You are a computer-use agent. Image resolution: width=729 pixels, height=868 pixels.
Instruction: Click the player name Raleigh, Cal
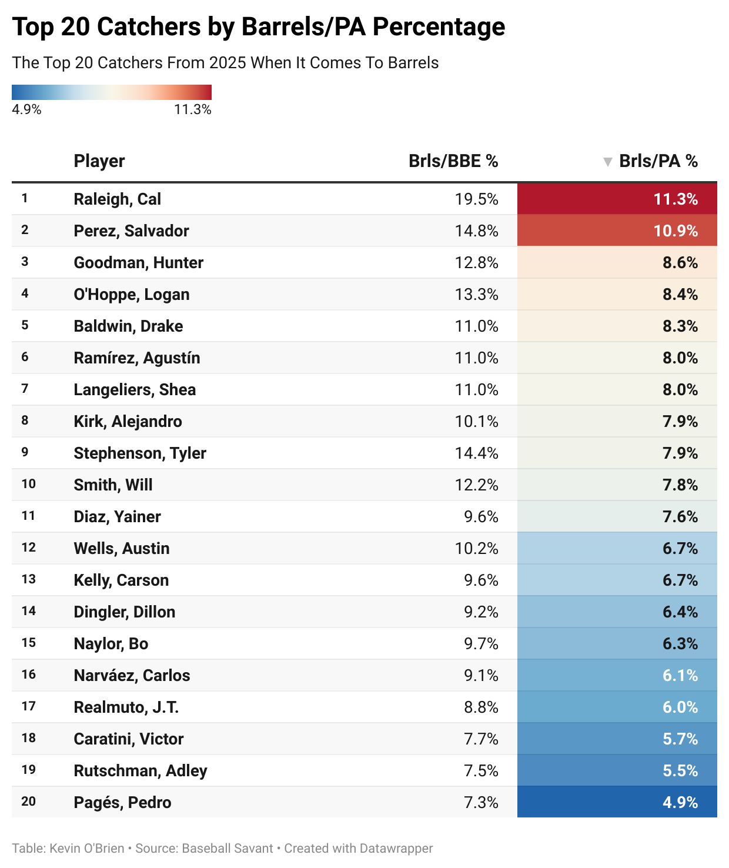117,199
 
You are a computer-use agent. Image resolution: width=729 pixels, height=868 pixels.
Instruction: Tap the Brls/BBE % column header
453,161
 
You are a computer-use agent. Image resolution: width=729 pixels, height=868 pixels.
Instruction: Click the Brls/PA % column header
658,161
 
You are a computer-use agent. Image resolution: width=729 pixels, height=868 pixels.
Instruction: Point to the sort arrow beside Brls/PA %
608,162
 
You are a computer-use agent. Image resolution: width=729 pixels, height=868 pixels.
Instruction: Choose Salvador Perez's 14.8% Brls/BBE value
476,231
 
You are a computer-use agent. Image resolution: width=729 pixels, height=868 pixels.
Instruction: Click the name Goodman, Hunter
138,262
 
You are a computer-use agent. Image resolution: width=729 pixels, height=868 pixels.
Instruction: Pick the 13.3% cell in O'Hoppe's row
476,294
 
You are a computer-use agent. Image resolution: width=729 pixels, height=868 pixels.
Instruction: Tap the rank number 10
29,484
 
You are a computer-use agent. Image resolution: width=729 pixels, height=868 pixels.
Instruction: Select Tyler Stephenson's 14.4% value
476,453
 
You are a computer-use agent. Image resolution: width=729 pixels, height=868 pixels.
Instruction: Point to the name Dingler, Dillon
124,612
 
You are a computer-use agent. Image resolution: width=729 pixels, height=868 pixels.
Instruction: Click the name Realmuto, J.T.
126,707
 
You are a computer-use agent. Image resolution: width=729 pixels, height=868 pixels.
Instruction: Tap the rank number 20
29,802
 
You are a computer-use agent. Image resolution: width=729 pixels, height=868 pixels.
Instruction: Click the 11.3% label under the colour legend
192,109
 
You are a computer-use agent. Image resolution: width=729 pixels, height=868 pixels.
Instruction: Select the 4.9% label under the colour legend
26,109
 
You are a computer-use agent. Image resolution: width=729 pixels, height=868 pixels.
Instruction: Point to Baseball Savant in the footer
228,848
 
